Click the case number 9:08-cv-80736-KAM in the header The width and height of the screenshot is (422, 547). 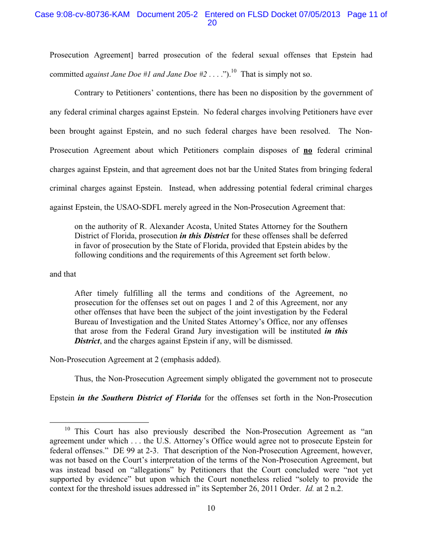83,15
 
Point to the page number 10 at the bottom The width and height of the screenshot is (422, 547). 211,508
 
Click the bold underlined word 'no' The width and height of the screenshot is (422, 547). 308,151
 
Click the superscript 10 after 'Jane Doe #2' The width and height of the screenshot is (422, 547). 234,71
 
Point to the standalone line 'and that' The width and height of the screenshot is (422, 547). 63,274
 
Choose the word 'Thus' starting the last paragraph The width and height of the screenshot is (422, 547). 84,379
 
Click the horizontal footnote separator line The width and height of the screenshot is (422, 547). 99,422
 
